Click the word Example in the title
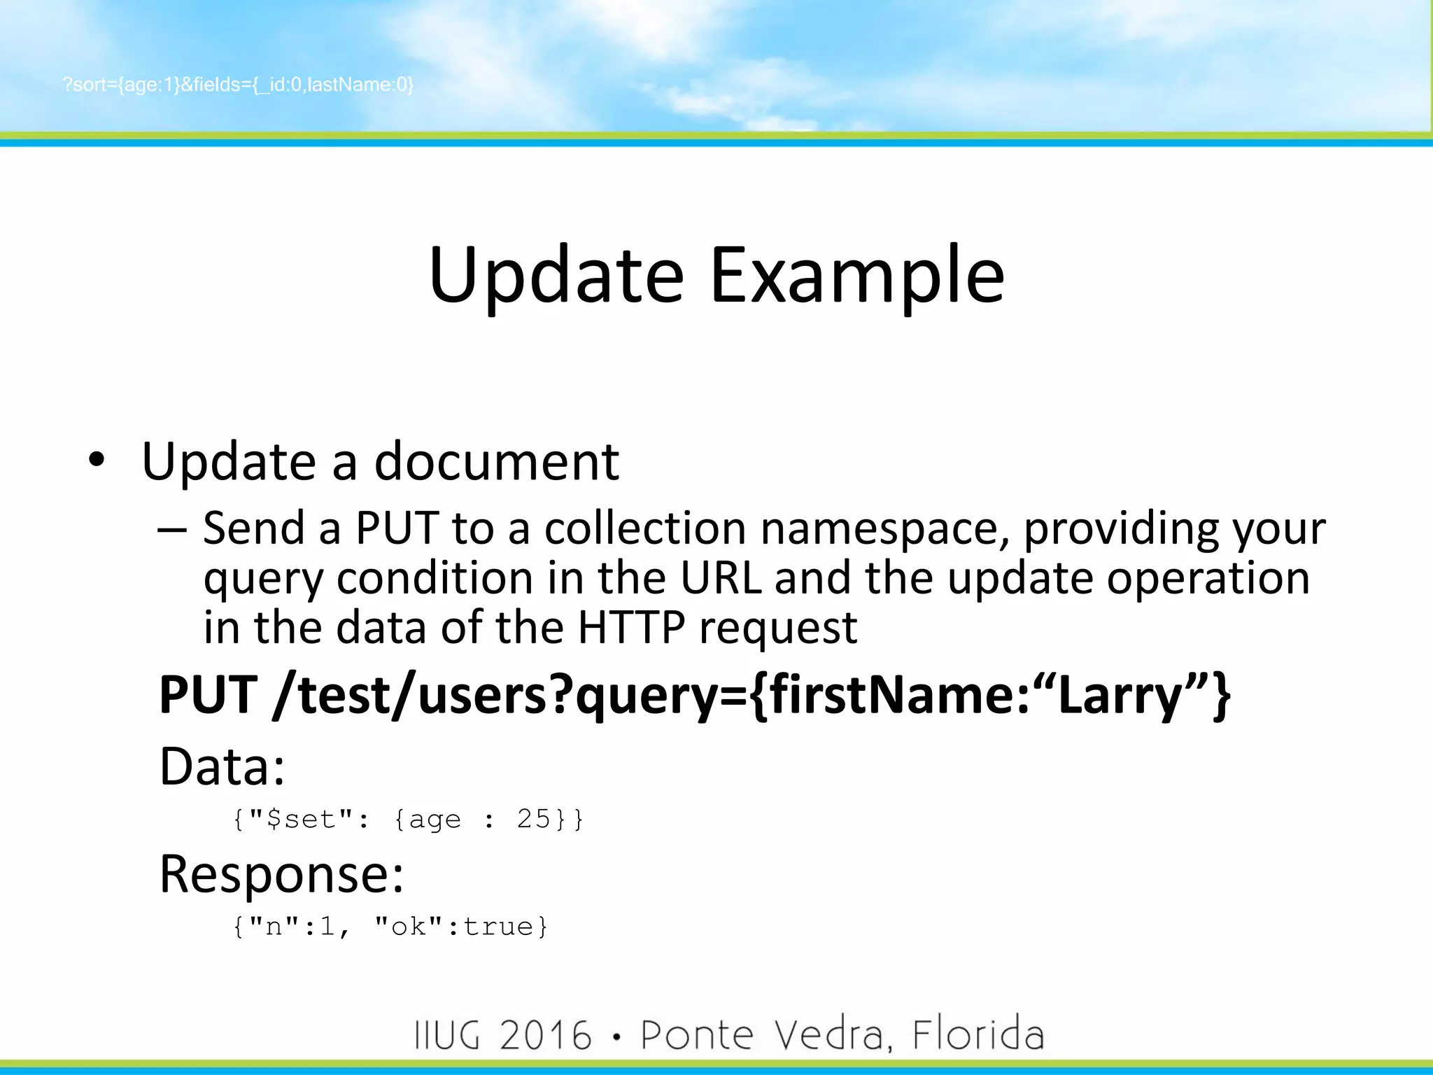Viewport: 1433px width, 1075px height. [857, 276]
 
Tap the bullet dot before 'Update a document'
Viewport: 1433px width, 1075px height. [97, 460]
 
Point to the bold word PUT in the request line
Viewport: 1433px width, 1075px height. [209, 695]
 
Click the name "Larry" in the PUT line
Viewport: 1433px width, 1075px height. [1120, 695]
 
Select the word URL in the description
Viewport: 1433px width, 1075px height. [721, 578]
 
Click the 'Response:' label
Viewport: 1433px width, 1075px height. [281, 873]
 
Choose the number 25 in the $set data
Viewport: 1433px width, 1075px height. [534, 819]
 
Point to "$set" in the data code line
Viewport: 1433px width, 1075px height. [301, 819]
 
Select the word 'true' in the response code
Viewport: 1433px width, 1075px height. [498, 927]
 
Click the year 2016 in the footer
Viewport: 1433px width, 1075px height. [546, 1035]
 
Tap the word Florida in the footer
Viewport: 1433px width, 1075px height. [977, 1035]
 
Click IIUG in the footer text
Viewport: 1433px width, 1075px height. [448, 1035]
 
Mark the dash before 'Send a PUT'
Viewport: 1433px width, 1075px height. [172, 530]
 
